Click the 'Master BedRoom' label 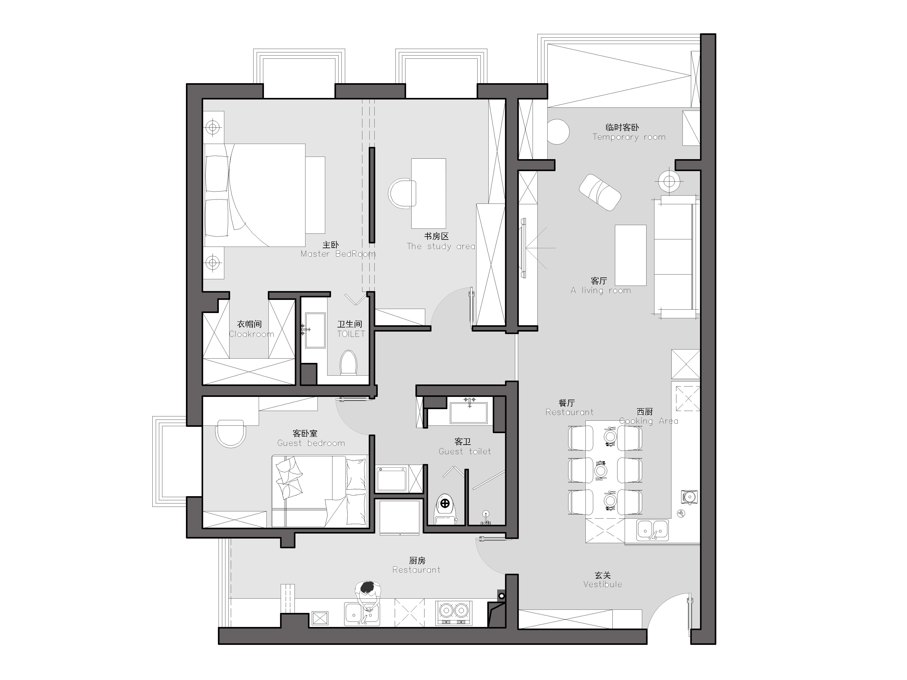point(338,254)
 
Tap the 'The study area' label point(441,246)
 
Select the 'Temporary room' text point(629,137)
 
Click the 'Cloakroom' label point(251,334)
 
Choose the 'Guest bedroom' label point(311,443)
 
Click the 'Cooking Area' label point(648,421)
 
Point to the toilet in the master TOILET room point(349,362)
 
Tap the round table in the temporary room point(558,131)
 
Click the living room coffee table point(630,255)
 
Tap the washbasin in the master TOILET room point(315,330)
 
